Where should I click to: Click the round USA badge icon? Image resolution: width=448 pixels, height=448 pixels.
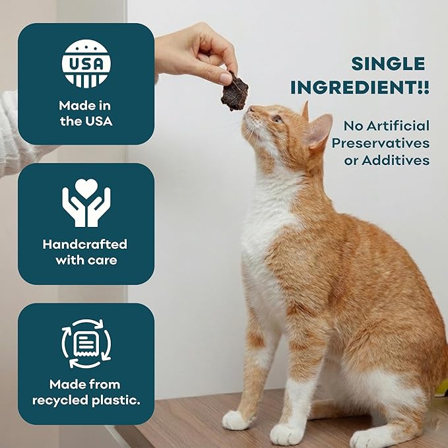(86, 64)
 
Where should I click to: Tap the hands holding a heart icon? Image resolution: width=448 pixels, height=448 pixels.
(86, 203)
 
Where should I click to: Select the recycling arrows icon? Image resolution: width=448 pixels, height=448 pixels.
(86, 344)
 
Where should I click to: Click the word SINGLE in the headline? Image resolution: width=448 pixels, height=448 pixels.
(388, 63)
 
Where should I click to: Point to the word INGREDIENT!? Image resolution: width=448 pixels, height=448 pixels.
(360, 87)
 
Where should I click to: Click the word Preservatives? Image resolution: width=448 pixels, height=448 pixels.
(381, 143)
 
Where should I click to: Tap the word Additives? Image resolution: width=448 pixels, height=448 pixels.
(396, 160)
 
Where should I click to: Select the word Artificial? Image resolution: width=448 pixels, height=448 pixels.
(398, 126)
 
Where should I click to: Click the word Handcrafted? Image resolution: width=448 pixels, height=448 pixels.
(85, 244)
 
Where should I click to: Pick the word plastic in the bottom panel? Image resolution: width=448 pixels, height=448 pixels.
(116, 400)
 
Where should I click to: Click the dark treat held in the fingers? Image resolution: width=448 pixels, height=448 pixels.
(235, 92)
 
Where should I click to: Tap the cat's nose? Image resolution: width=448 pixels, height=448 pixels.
(251, 109)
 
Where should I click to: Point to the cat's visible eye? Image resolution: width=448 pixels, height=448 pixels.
(276, 118)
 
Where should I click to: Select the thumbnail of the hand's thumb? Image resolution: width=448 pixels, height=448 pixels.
(224, 78)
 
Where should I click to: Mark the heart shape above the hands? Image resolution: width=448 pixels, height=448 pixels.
(86, 189)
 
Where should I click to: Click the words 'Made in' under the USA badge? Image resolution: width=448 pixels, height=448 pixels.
(84, 106)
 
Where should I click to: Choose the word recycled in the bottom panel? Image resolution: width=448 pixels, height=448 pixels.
(60, 400)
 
